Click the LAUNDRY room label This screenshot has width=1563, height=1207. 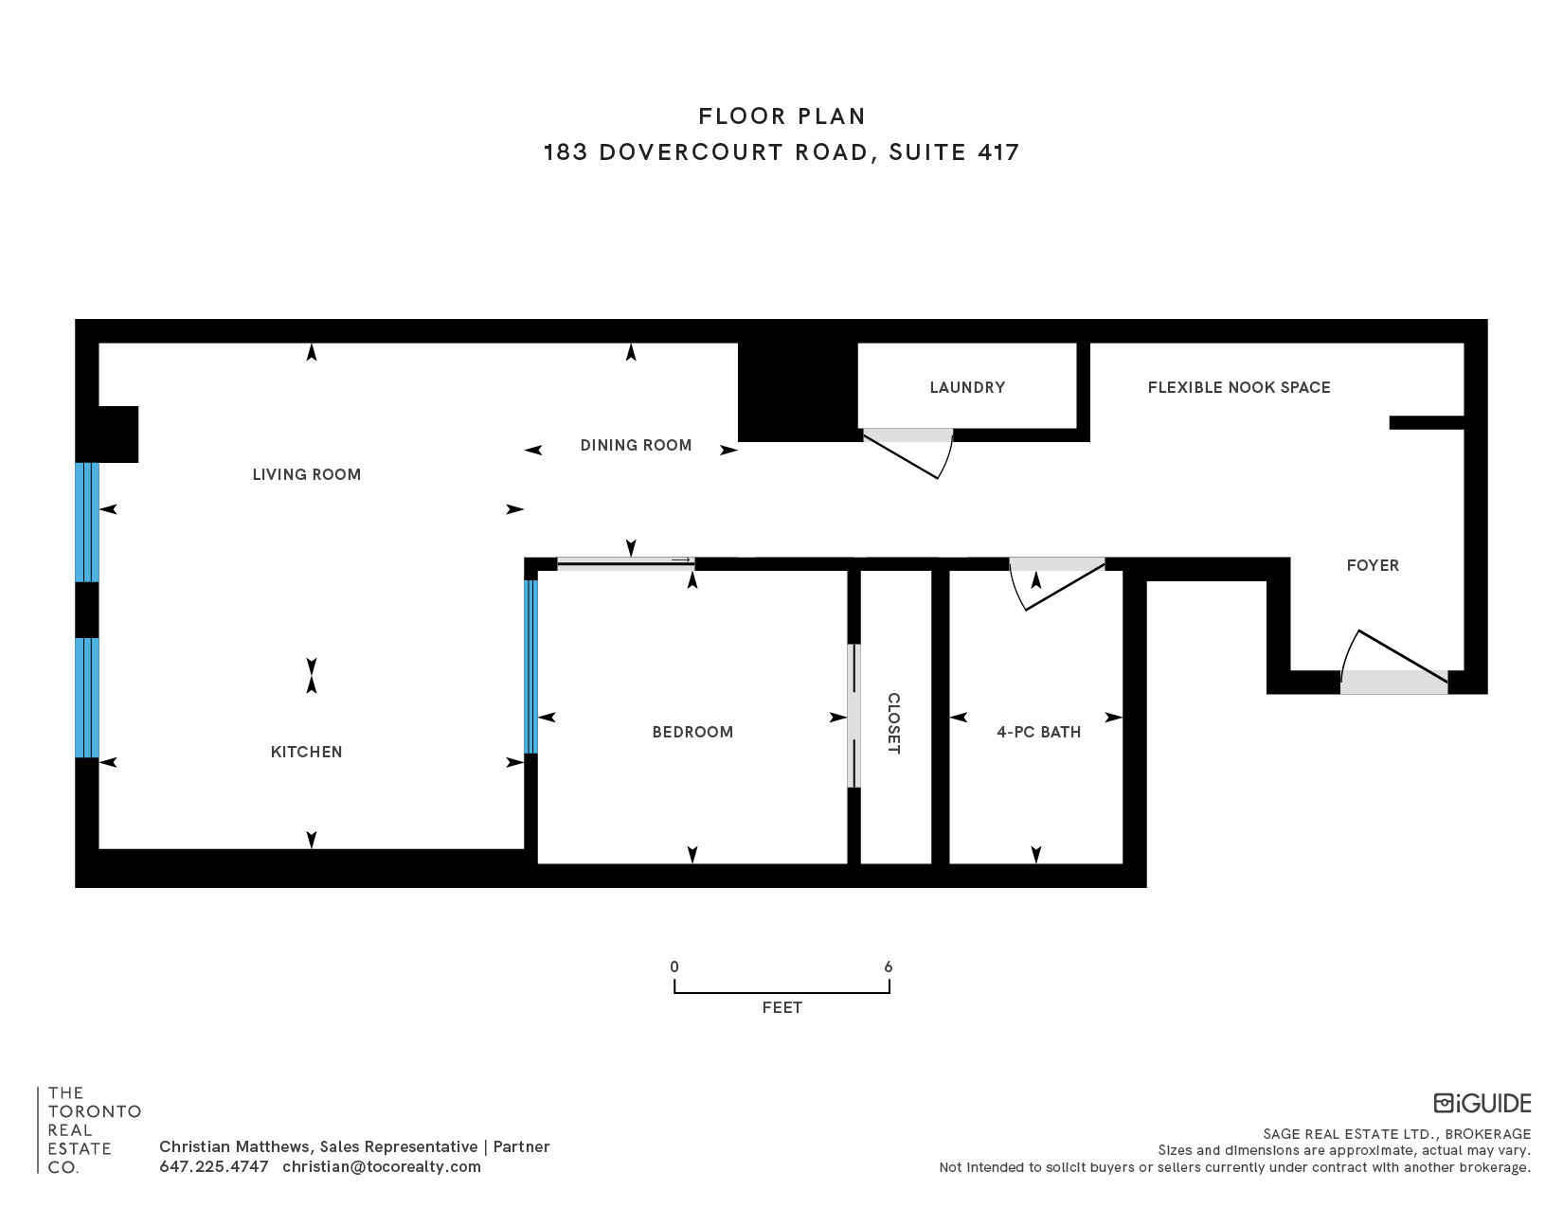pos(967,387)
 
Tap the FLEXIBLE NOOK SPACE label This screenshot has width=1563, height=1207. pos(1239,387)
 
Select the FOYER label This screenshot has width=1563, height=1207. pos(1373,566)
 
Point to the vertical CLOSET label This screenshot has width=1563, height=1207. pos(893,723)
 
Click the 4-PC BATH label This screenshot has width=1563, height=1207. pos(1038,732)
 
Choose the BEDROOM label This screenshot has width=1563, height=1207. pos(692,732)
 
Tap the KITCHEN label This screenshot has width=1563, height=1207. pos(306,752)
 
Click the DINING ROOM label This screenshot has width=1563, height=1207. pos(636,445)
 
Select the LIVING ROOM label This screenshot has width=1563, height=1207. pos(306,474)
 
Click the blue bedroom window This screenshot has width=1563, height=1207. pos(530,666)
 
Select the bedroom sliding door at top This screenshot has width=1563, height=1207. pos(626,563)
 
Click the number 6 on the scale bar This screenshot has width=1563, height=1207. pos(889,967)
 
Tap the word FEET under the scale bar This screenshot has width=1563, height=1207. pos(781,1008)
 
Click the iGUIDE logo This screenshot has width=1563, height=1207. pos(1482,1104)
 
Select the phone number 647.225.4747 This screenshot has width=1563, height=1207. pos(214,1166)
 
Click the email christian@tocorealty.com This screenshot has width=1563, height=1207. pos(381,1166)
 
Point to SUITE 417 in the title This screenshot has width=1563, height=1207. pos(954,152)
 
